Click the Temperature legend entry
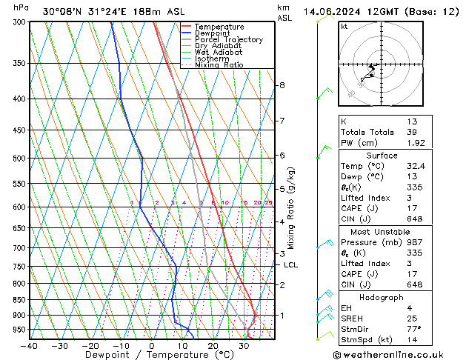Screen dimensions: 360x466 (x=220, y=27)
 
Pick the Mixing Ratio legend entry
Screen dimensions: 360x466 (x=219, y=65)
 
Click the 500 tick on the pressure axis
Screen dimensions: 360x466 (x=16, y=159)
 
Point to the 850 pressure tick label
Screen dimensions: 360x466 (x=16, y=300)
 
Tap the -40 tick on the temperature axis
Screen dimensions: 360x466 (x=30, y=346)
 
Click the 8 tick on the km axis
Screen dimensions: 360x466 (x=282, y=85)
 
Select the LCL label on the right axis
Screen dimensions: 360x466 (x=290, y=264)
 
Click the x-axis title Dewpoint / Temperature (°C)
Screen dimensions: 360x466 (x=151, y=356)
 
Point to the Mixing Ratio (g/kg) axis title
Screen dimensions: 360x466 (x=291, y=208)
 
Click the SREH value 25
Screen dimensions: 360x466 (x=413, y=319)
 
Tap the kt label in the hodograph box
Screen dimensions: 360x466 (x=344, y=27)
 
